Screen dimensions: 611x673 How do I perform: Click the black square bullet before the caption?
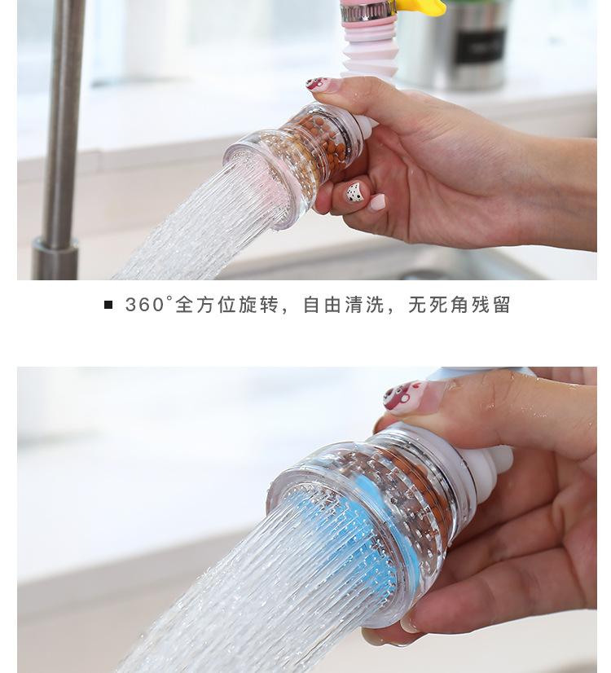[108, 305]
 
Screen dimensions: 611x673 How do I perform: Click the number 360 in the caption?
[144, 305]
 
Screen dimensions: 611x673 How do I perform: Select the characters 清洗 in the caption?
[364, 305]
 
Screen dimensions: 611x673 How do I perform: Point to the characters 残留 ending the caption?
[491, 305]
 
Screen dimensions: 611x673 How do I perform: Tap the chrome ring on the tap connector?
[367, 12]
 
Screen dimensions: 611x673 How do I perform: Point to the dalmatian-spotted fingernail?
[356, 193]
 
